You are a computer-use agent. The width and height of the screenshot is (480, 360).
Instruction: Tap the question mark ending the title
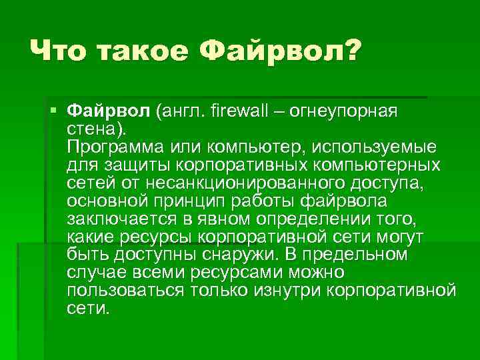coord(349,50)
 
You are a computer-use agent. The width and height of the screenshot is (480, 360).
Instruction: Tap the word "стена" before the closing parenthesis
coord(89,127)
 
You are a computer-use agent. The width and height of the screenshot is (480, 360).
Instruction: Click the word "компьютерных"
coord(369,163)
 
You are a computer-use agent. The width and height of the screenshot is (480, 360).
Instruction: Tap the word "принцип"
coord(207,199)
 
